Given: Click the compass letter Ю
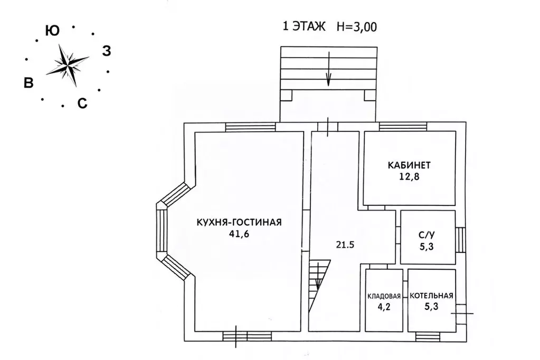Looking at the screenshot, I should (52, 31).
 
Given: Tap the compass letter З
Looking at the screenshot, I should (106, 52).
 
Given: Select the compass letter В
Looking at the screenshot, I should (29, 82).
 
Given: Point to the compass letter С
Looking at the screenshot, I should (82, 103).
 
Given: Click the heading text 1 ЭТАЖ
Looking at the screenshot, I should (305, 26).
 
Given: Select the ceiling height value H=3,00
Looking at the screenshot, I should (357, 27).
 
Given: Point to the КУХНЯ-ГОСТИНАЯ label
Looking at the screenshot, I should (239, 222).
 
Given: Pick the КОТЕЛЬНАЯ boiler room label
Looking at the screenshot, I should (431, 296).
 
